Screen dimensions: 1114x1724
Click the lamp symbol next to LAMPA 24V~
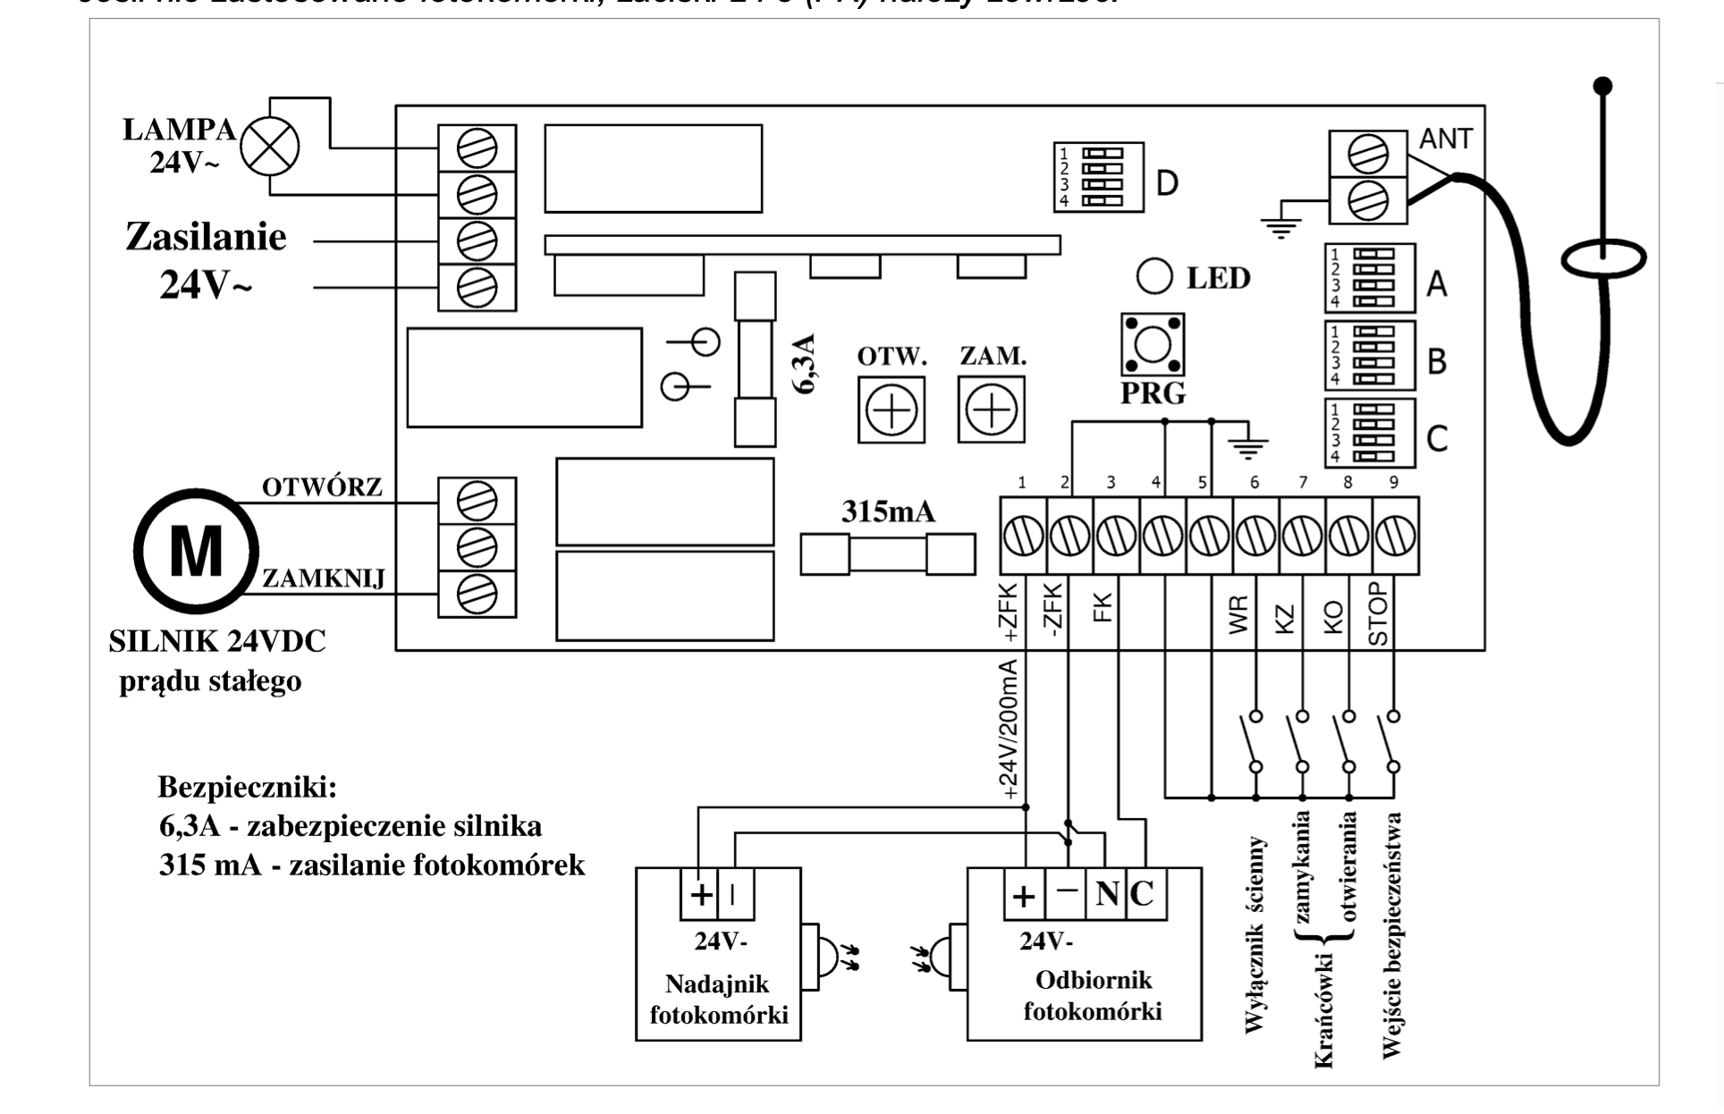(x=270, y=147)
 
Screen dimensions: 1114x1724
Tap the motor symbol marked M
(x=196, y=551)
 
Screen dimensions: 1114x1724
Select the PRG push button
(x=1153, y=344)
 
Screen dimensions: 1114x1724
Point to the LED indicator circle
(x=1154, y=276)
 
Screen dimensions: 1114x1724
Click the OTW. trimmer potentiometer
(x=892, y=410)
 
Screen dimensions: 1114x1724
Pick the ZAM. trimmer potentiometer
(x=991, y=410)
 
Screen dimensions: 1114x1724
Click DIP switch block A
(x=1369, y=278)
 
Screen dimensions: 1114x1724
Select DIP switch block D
(x=1098, y=176)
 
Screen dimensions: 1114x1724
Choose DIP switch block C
(x=1369, y=433)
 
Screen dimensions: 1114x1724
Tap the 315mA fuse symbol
(x=887, y=554)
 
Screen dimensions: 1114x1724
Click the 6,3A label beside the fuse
(x=806, y=364)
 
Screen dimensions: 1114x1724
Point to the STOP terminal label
(x=1379, y=613)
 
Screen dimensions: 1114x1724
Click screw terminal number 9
(x=1395, y=537)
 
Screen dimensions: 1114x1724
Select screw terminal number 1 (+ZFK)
(x=1023, y=537)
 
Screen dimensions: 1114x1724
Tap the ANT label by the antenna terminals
(x=1445, y=139)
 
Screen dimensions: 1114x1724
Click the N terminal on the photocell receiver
(x=1106, y=893)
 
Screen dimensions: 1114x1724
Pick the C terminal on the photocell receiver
(x=1143, y=893)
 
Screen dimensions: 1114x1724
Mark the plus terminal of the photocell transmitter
(x=702, y=893)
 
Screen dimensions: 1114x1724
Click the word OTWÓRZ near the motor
(x=322, y=487)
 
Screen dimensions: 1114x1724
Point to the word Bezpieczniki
(x=247, y=787)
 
